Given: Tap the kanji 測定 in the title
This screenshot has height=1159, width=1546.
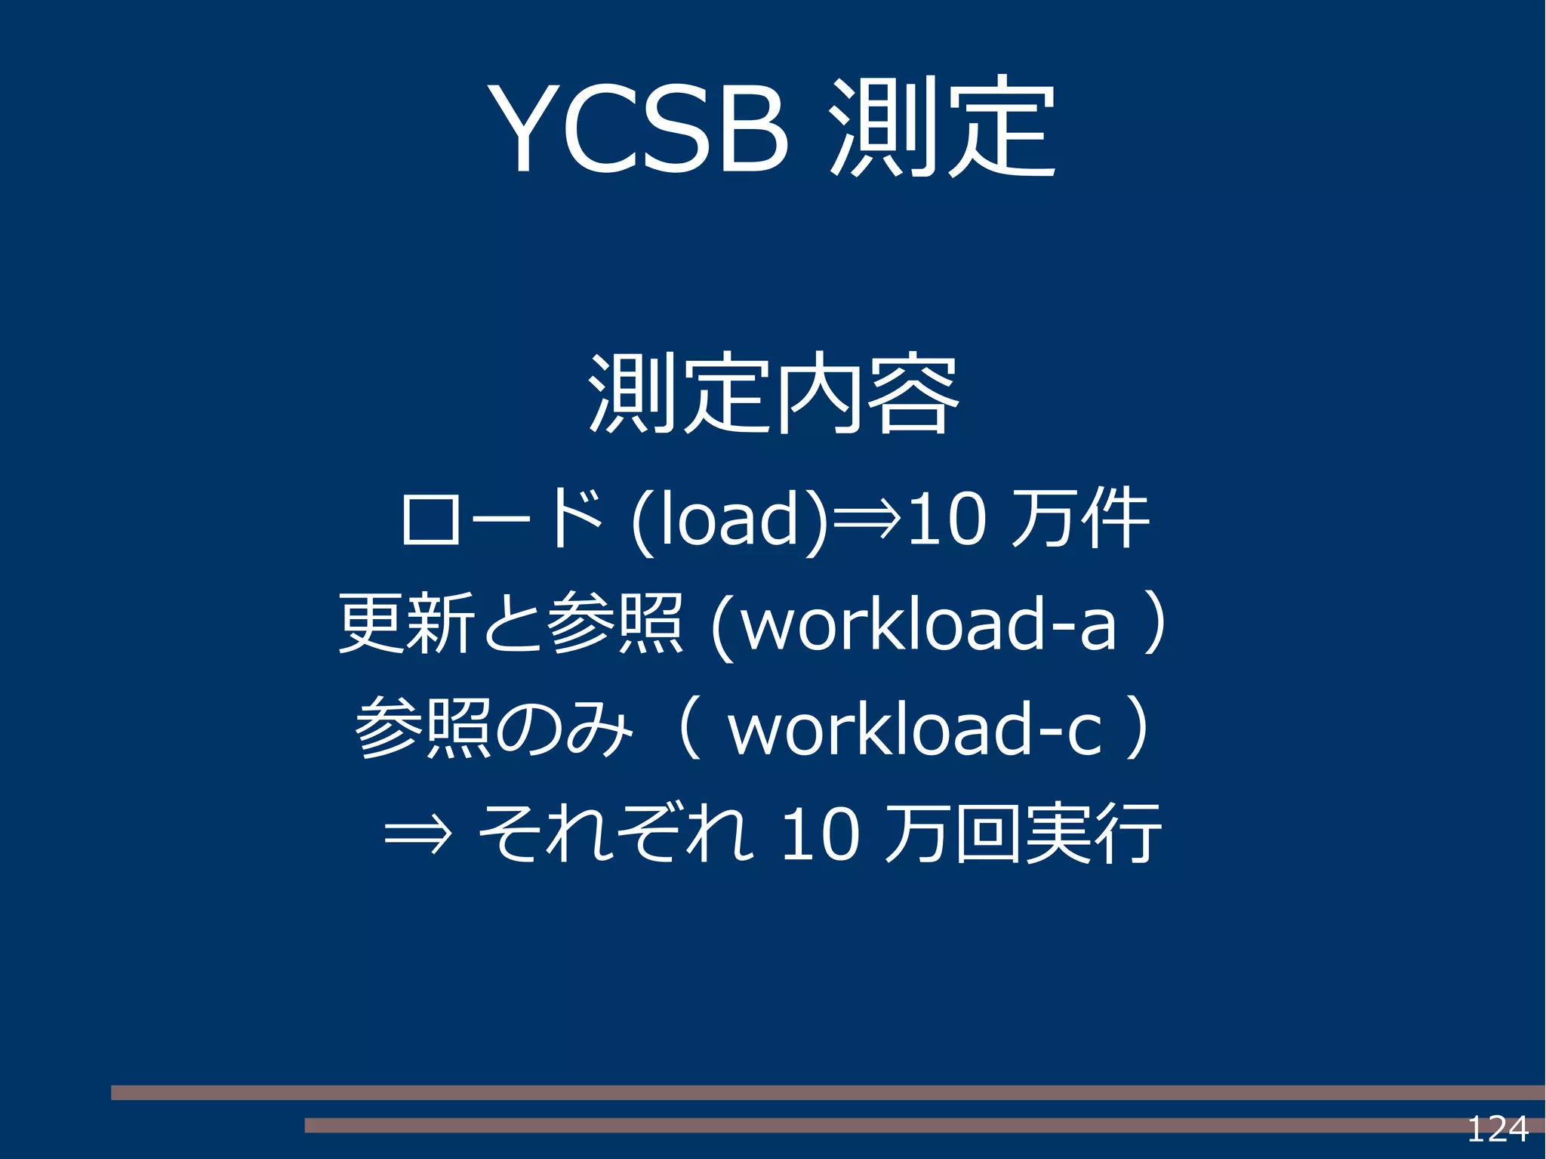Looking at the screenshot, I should (941, 127).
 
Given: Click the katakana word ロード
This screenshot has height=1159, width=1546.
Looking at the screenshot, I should (501, 519).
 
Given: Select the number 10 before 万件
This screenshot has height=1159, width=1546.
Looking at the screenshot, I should (947, 519).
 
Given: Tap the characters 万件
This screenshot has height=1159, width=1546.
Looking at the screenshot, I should (1079, 519).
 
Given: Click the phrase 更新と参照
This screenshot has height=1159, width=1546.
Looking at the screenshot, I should (510, 623).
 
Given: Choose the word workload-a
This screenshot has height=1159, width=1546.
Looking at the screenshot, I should (929, 624).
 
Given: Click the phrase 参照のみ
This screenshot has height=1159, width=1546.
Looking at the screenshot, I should (494, 728).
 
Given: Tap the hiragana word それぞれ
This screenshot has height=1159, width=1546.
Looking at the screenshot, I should (615, 833).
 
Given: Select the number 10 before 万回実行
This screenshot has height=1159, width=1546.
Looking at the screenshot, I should (820, 834).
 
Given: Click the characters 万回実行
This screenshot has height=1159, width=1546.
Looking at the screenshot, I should (1022, 834).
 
